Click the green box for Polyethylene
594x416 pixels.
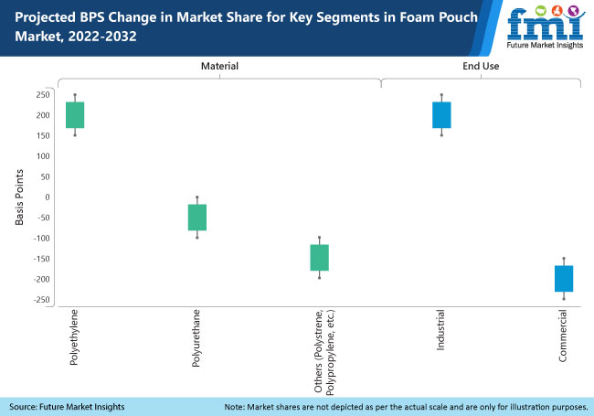point(75,115)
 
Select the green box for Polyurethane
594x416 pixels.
point(197,218)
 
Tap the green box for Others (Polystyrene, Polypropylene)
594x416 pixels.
point(319,258)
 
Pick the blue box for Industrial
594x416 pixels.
point(441,115)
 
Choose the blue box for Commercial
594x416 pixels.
point(564,278)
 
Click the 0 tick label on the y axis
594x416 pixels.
point(46,197)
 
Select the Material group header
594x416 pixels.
point(219,66)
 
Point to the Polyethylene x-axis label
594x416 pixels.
point(75,338)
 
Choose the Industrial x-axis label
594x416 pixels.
point(441,333)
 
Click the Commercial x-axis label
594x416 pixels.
point(564,337)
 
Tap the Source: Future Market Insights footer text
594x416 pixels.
point(67,406)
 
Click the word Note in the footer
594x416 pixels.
point(235,406)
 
